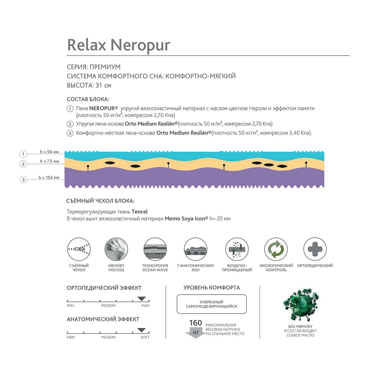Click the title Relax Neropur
119,45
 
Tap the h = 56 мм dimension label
49,152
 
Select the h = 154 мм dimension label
49,177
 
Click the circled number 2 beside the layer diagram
23,164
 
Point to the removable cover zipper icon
79,249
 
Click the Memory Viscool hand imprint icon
116,249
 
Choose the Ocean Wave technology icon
155,249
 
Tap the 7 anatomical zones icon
196,249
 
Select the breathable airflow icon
237,249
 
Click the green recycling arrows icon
276,249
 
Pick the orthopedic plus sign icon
315,249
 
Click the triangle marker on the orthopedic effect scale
141,299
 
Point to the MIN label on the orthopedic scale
70,306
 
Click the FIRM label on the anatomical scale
71,337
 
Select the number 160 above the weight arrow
196,323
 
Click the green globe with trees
301,305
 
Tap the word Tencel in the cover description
140,212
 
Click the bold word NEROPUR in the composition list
102,108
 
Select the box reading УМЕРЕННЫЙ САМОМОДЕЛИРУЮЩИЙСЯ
212,304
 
